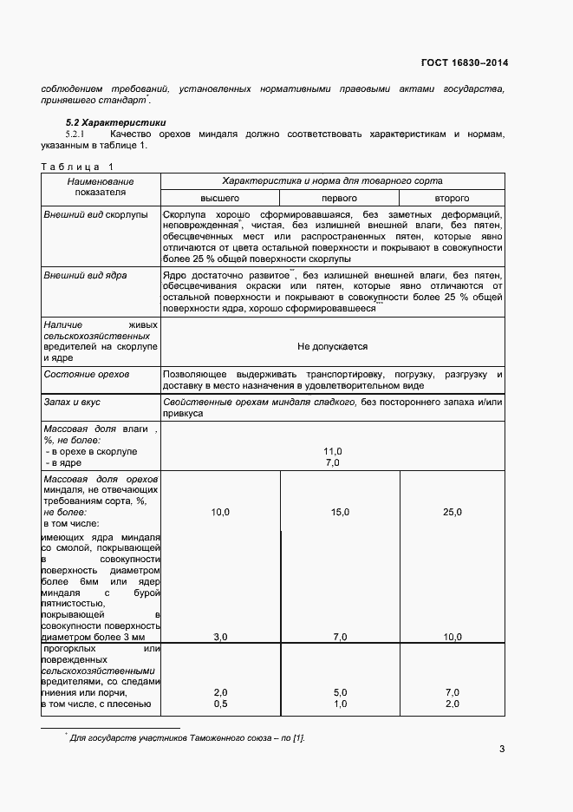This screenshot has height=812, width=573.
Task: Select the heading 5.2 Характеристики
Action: [117, 122]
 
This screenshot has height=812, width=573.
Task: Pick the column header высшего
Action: [220, 199]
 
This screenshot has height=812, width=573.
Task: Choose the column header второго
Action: [452, 199]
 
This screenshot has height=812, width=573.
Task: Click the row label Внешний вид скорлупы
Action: [95, 213]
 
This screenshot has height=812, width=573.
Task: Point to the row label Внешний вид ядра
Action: [85, 274]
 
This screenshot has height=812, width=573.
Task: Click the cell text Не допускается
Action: [332, 346]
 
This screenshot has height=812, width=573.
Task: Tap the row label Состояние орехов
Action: [86, 374]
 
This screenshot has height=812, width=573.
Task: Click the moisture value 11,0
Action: [332, 451]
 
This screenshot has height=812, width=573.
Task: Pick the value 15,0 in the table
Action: [340, 513]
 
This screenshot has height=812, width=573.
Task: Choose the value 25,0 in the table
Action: [453, 513]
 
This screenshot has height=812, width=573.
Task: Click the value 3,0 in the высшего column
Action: [220, 637]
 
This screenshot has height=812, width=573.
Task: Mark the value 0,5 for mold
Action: [220, 703]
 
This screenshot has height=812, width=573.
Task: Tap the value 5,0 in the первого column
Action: [340, 692]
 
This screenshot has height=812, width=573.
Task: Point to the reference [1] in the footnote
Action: [297, 737]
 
